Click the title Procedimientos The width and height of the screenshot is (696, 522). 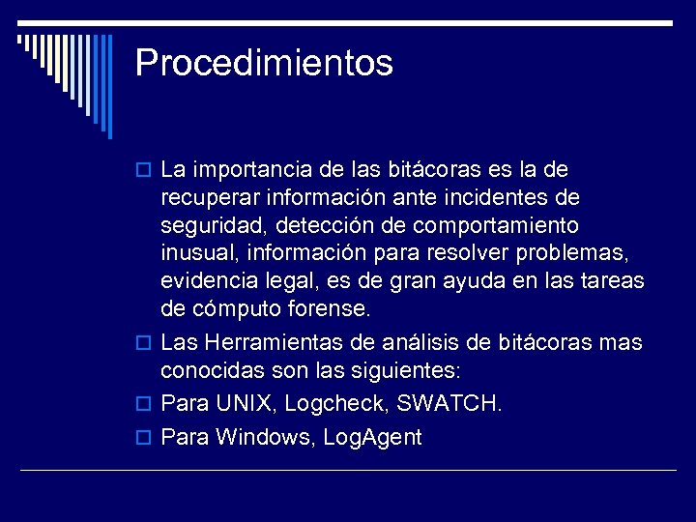pos(264,64)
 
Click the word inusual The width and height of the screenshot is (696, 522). pos(200,253)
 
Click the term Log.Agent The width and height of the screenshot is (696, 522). pos(373,438)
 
